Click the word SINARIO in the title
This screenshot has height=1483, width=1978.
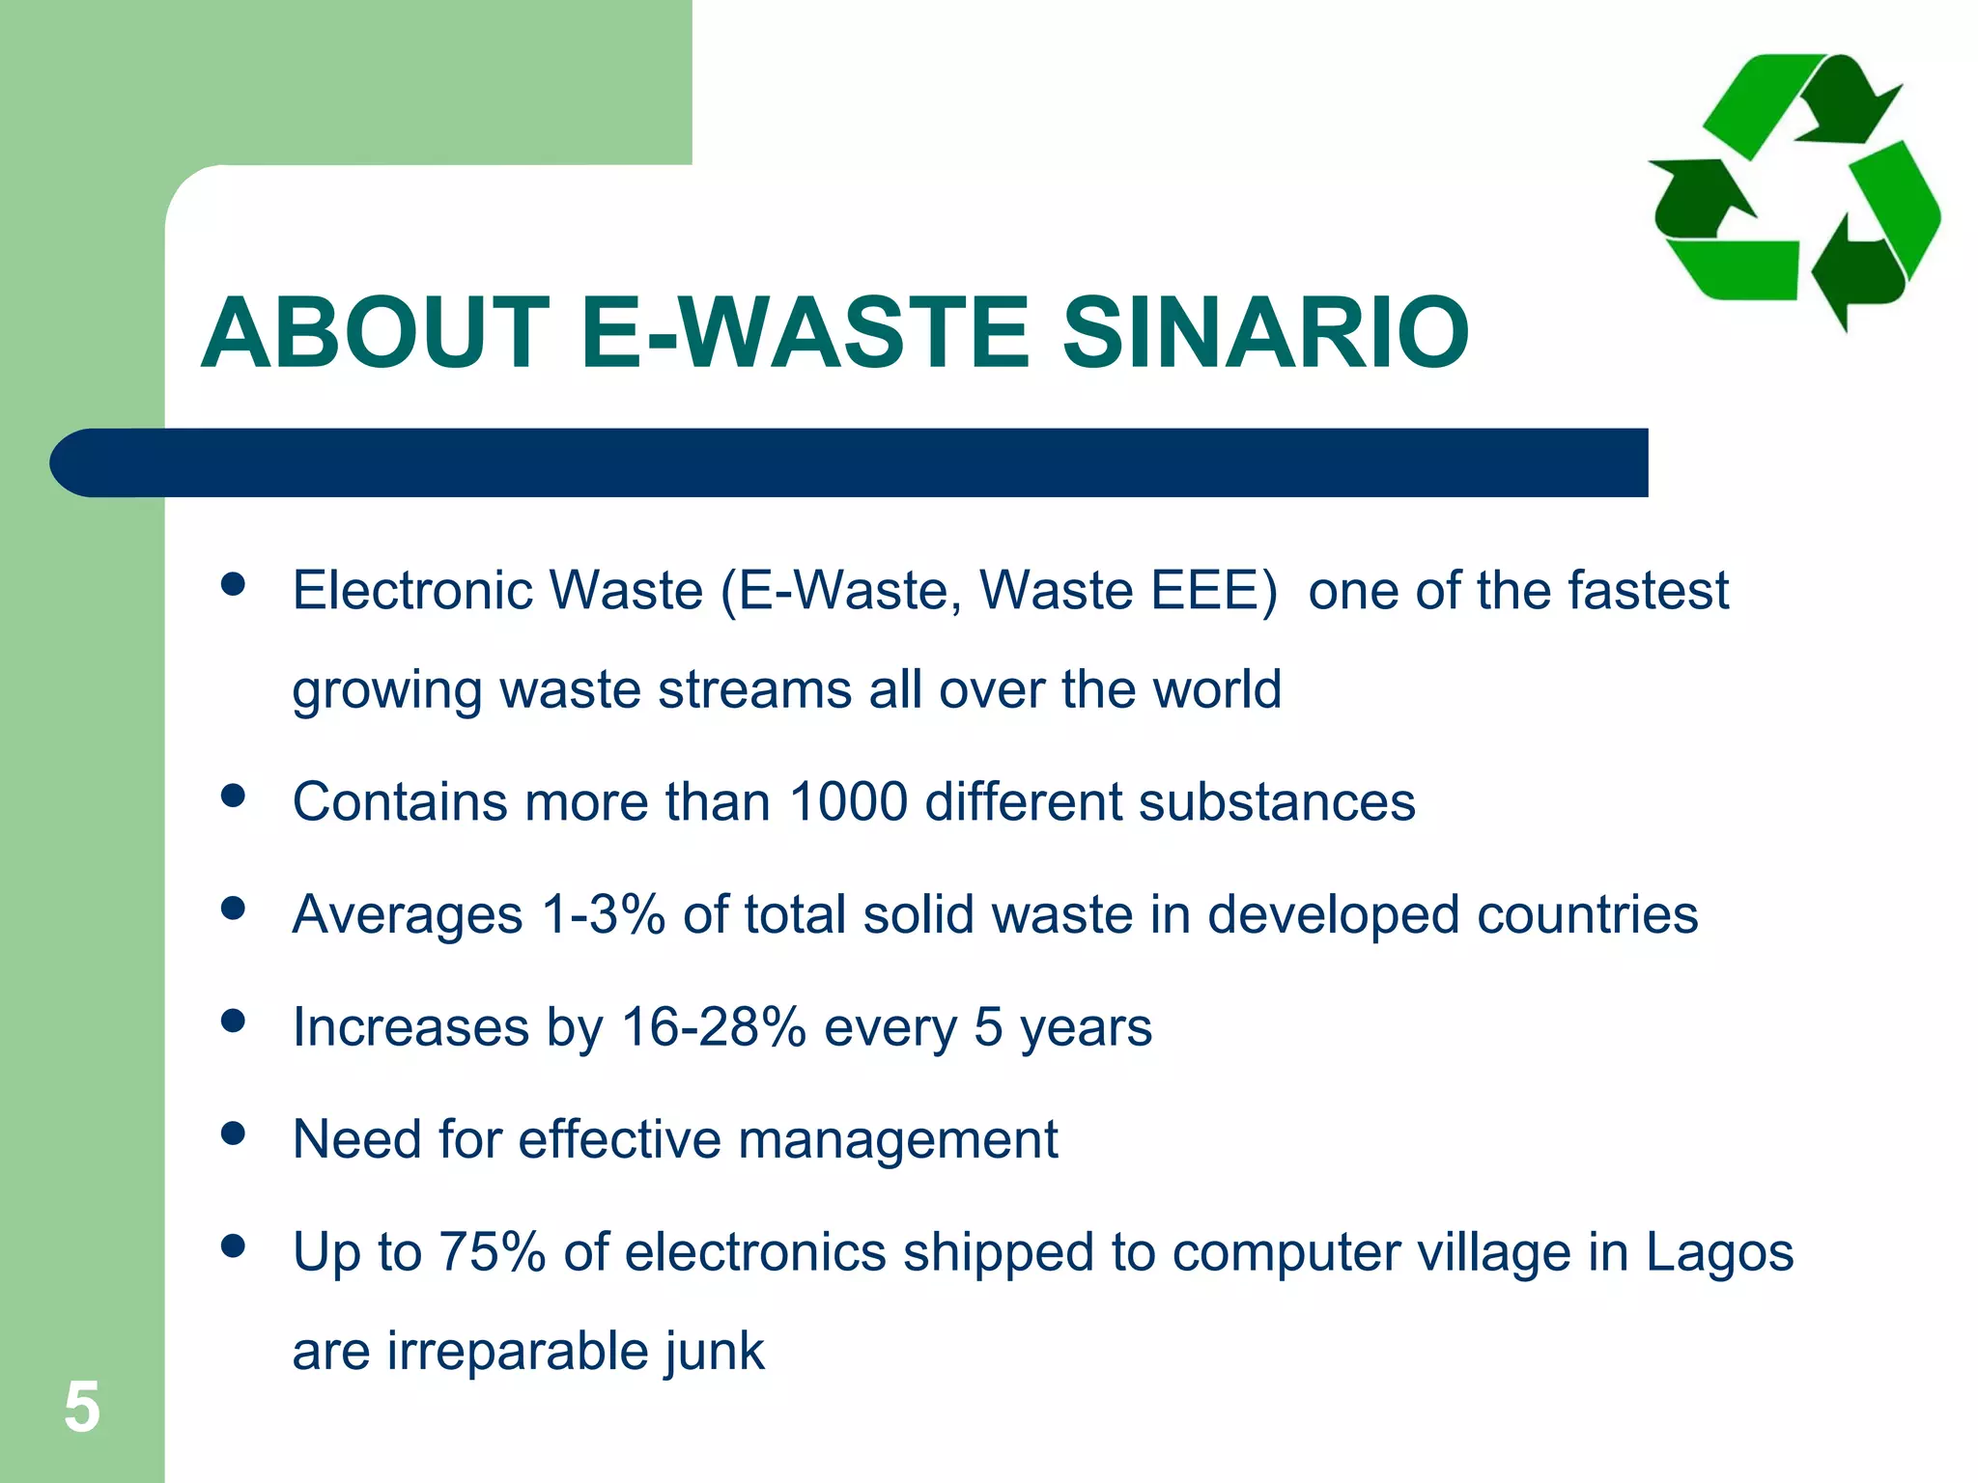click(x=1265, y=333)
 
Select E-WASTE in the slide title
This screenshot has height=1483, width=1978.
click(x=806, y=333)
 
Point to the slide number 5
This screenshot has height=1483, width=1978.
click(x=82, y=1408)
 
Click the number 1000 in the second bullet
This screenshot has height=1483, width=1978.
click(x=848, y=801)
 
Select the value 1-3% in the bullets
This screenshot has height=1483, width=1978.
click(x=604, y=914)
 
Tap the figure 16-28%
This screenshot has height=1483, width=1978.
click(x=713, y=1026)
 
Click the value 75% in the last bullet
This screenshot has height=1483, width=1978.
click(x=493, y=1252)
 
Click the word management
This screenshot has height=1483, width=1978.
click(x=897, y=1140)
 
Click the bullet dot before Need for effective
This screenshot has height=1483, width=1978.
click(x=233, y=1133)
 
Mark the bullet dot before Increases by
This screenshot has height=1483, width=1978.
click(x=233, y=1021)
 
